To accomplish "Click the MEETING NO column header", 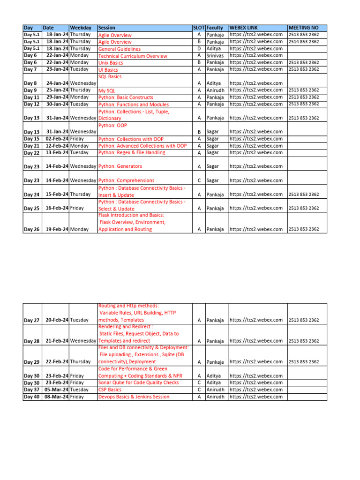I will click(x=303, y=28).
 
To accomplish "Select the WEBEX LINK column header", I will click(x=244, y=28).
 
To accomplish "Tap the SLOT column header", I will click(x=199, y=28).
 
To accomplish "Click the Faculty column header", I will click(x=215, y=28).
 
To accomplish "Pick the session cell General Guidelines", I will click(x=119, y=49).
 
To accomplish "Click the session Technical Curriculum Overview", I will click(x=132, y=56).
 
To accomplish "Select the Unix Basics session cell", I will click(x=111, y=63).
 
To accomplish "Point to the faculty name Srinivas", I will click(x=215, y=55).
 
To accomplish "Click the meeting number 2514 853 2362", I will click(x=304, y=42).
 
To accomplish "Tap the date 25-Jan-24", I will click(x=57, y=90).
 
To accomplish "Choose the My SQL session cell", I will click(x=106, y=90).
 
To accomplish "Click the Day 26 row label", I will click(x=31, y=229).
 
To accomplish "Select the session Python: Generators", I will click(x=120, y=166).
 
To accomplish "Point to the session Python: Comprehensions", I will click(x=126, y=180).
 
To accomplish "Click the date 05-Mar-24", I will click(x=56, y=390).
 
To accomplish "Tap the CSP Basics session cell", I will click(x=110, y=390).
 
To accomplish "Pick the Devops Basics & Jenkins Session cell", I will click(x=134, y=397).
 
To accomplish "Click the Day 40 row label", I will click(x=31, y=397).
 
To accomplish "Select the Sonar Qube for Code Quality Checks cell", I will click(x=138, y=383).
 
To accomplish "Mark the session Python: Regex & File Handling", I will click(x=131, y=153).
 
